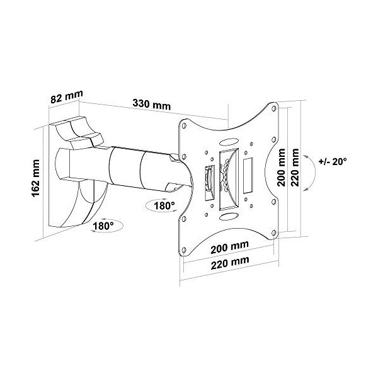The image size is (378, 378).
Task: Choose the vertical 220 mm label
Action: click(x=294, y=167)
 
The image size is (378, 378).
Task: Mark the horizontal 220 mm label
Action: click(x=230, y=260)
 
